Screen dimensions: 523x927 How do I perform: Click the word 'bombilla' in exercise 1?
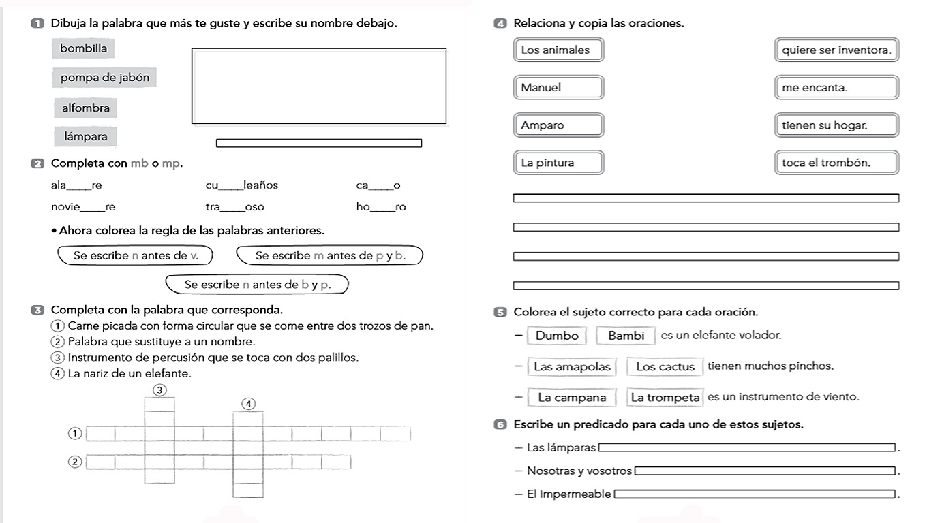(83, 48)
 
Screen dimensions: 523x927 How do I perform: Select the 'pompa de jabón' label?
(104, 78)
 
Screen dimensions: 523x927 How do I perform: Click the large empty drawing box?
(319, 86)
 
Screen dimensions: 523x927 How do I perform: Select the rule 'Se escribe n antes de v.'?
(135, 255)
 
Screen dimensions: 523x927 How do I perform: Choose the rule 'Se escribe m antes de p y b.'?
(330, 255)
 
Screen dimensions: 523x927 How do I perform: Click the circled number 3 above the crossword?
(159, 390)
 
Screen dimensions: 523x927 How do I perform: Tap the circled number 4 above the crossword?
(249, 404)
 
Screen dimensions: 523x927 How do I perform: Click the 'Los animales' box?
(558, 50)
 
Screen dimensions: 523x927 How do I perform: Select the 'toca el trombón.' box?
(836, 163)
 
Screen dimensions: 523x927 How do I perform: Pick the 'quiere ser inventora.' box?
(836, 50)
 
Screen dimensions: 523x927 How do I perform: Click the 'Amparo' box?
(558, 125)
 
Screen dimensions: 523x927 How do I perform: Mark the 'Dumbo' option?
(557, 336)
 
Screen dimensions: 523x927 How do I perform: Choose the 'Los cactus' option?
(665, 366)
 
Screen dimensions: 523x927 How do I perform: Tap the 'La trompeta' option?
(665, 398)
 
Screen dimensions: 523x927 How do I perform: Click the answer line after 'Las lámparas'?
(746, 447)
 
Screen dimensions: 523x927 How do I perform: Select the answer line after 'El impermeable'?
(754, 494)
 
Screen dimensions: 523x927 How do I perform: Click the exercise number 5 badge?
(500, 313)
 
